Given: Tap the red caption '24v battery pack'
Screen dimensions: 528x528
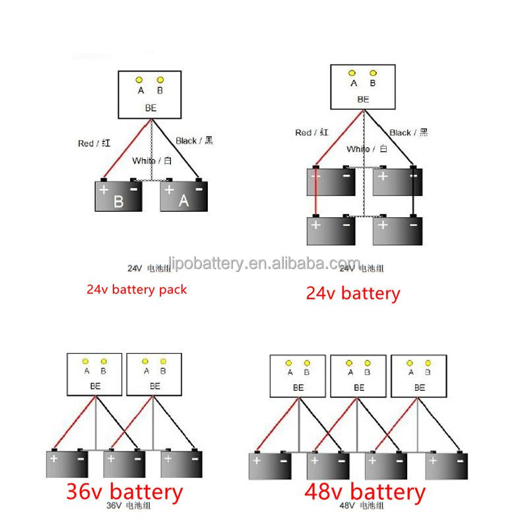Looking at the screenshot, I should click(x=137, y=289).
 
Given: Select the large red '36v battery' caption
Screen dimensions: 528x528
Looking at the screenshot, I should click(x=124, y=491).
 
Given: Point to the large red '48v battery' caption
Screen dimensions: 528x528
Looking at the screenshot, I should click(x=365, y=491).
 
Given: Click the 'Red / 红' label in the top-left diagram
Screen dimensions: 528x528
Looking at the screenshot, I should click(x=93, y=143).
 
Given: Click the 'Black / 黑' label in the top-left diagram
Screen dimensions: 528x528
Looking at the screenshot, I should click(x=195, y=141).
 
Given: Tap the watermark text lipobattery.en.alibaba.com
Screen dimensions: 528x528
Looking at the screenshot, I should click(x=265, y=263).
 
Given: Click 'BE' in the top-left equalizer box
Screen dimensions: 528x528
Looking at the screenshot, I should click(x=150, y=106).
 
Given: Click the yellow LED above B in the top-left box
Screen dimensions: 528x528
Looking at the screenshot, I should click(x=160, y=80).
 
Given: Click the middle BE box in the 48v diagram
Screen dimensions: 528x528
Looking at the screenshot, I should click(x=358, y=376).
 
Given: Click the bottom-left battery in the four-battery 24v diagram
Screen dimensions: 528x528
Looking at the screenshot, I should click(x=331, y=230).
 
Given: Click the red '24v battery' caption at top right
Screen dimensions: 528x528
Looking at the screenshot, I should click(x=352, y=293).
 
